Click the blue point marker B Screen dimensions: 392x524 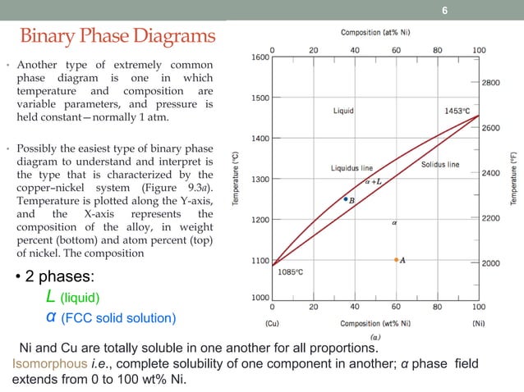pos(346,198)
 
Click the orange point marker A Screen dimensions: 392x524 pos(397,260)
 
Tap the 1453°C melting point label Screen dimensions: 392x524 pos(456,110)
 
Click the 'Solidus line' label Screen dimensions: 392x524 pos(440,165)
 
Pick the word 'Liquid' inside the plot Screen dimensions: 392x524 pos(343,110)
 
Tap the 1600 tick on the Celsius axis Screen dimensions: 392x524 pos(260,57)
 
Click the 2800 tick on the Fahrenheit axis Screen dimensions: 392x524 pos(491,83)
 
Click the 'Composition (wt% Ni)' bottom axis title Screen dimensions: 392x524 pos(377,322)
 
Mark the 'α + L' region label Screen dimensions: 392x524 pos(372,181)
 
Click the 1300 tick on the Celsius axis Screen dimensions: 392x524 pos(260,179)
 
